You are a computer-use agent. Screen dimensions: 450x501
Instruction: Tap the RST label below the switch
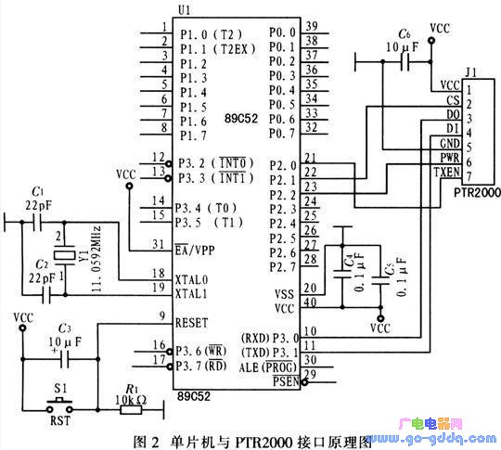(x=59, y=418)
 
